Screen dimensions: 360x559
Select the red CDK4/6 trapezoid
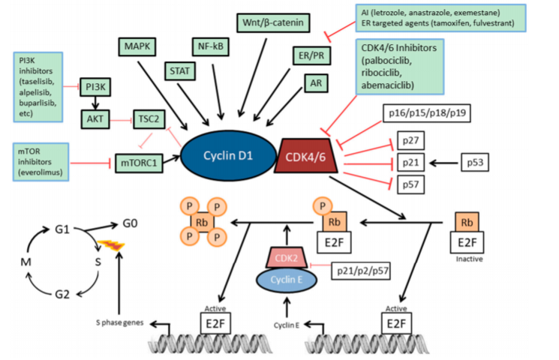click(x=308, y=156)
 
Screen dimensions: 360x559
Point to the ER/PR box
click(x=310, y=56)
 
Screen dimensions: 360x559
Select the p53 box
click(x=476, y=161)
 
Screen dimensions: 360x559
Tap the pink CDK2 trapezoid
click(x=287, y=258)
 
